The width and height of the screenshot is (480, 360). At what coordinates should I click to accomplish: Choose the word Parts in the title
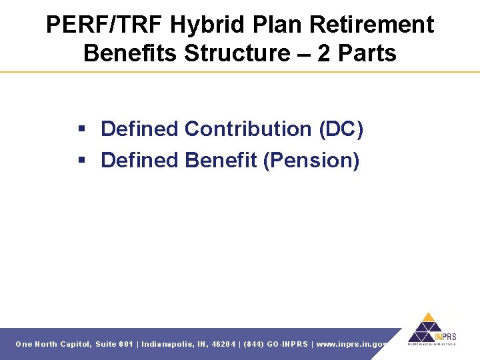[x=367, y=53]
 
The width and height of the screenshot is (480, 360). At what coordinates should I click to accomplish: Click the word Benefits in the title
[x=131, y=53]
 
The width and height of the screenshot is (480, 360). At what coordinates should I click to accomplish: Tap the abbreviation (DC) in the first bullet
[x=341, y=129]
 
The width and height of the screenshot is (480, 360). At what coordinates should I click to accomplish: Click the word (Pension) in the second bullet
[x=311, y=160]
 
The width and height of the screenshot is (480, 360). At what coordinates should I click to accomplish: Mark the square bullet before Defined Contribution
[x=83, y=129]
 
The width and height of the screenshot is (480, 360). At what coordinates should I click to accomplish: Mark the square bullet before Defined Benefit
[x=83, y=161]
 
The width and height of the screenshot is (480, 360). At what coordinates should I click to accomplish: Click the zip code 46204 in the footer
[x=222, y=344]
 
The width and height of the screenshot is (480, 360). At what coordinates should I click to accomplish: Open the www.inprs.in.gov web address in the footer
[x=352, y=344]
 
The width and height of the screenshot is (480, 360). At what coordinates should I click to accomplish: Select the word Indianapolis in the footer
[x=170, y=344]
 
